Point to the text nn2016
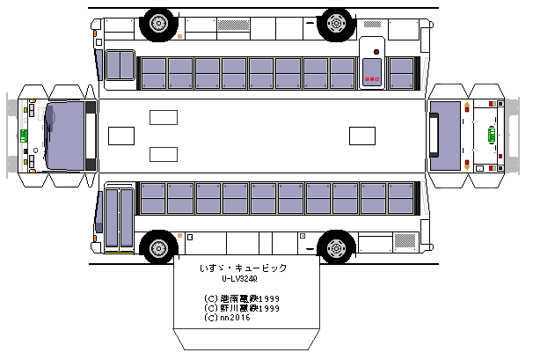click(x=228, y=318)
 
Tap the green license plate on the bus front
click(x=24, y=136)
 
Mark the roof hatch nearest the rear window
click(x=361, y=136)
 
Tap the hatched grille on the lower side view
click(x=405, y=241)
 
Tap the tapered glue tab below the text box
click(x=245, y=340)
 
